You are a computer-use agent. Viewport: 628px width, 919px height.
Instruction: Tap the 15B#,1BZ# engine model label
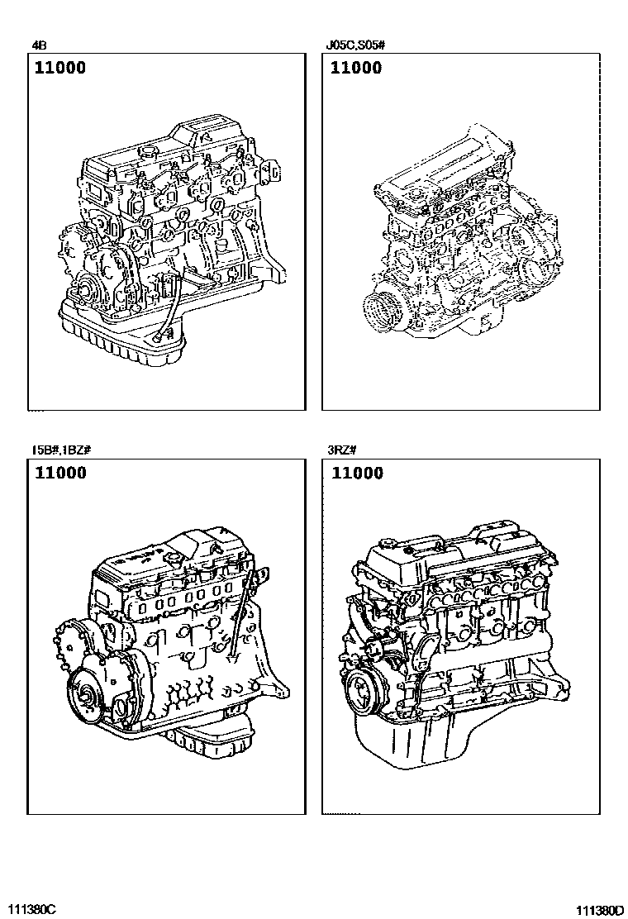point(61,450)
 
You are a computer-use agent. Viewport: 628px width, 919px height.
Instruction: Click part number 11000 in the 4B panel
point(60,68)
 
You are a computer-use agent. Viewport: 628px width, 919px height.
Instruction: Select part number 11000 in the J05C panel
point(355,68)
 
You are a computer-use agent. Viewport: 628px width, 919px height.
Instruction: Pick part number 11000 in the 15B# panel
point(60,473)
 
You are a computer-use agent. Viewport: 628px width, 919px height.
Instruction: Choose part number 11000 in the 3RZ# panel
point(357,473)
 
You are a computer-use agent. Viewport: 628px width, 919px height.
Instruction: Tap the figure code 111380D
point(600,910)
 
